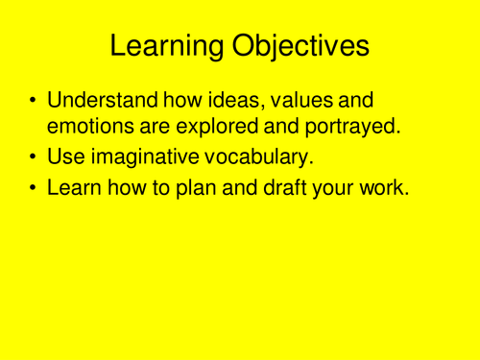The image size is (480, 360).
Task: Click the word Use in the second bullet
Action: coord(65,157)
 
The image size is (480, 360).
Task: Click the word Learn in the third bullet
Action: coord(74,190)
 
